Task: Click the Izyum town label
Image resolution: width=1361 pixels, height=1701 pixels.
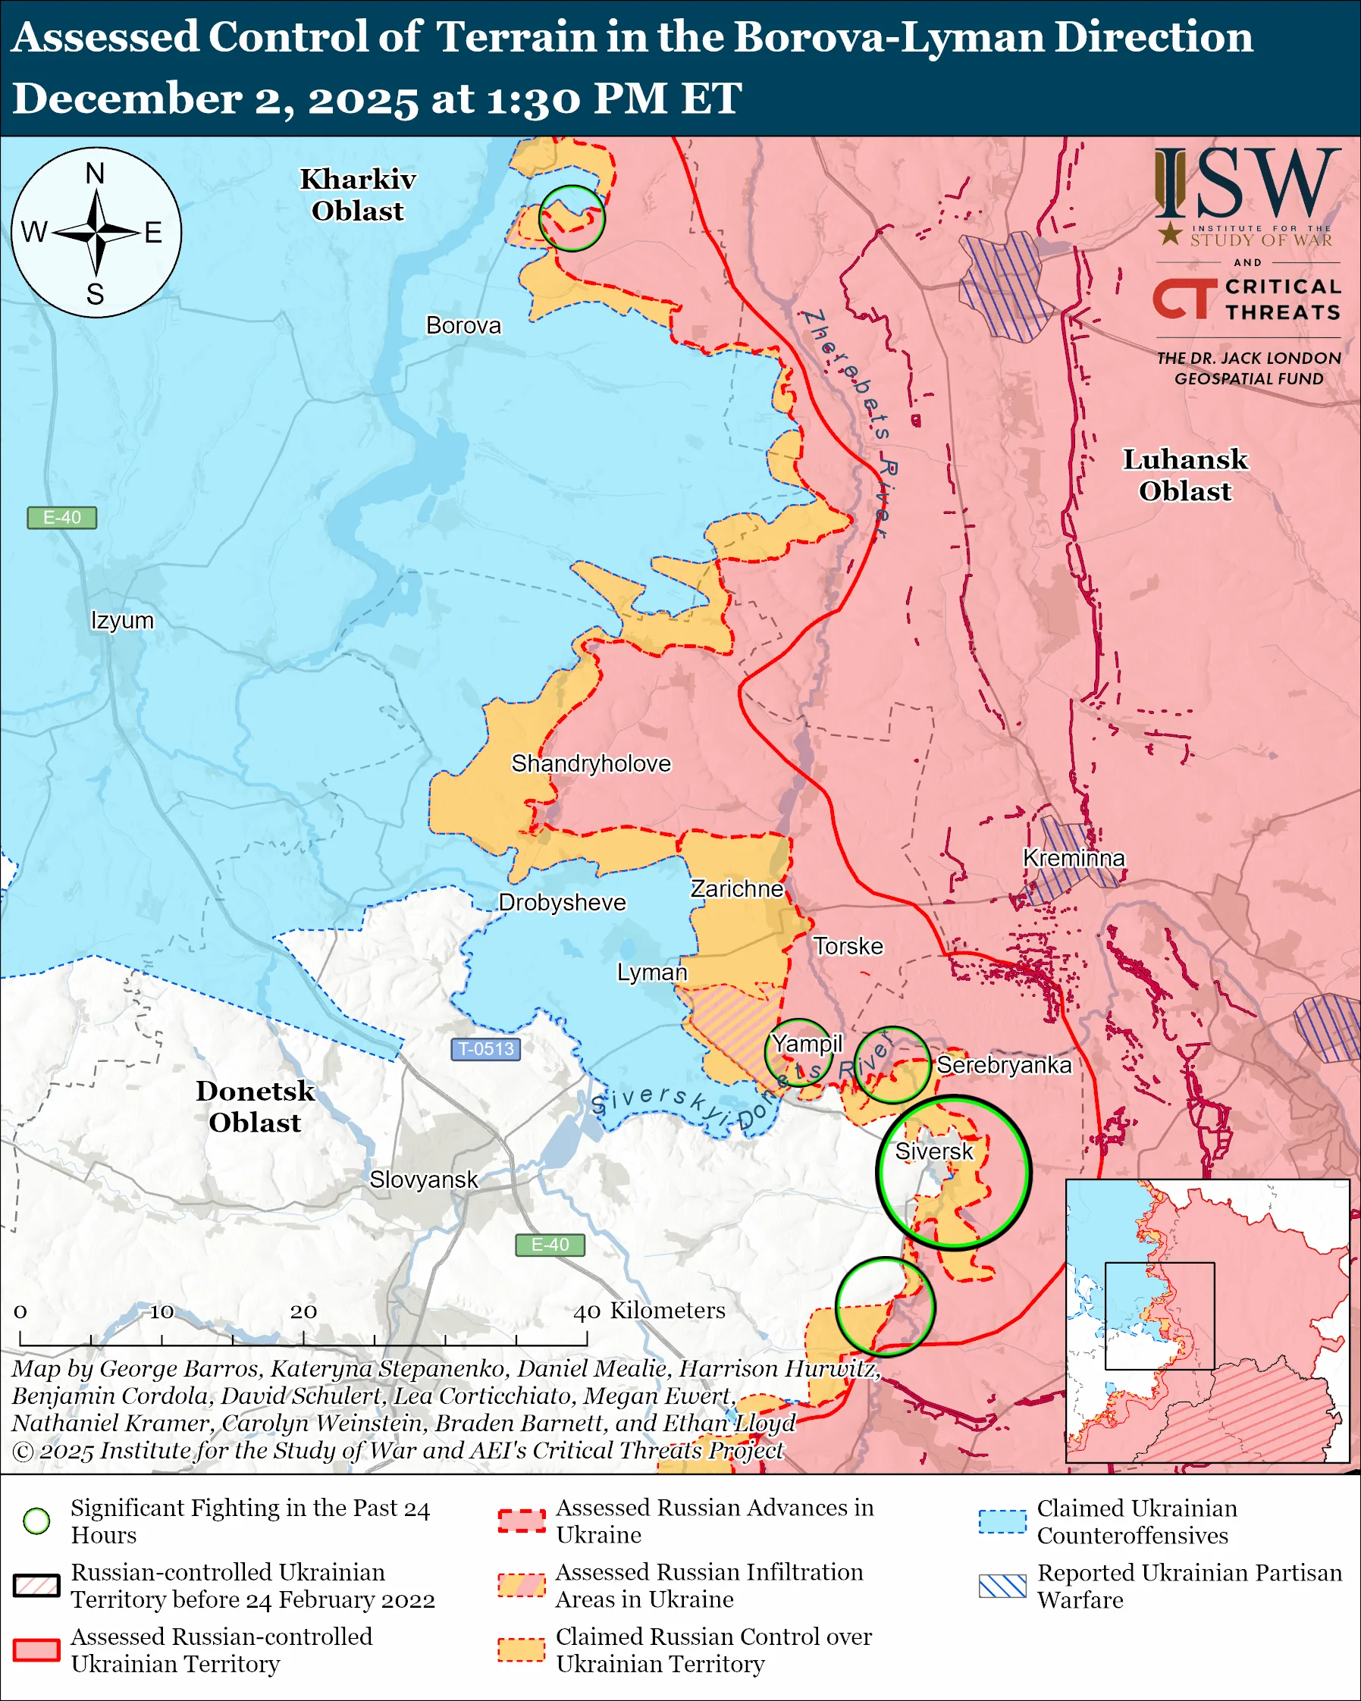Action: (122, 620)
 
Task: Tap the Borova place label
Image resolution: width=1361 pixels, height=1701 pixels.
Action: (463, 325)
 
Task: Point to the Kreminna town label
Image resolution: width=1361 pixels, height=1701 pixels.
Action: (1073, 857)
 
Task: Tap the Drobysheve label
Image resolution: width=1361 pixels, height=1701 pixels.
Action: (562, 902)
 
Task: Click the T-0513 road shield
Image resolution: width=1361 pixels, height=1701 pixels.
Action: (485, 1048)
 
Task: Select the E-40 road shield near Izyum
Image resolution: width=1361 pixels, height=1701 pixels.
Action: (61, 518)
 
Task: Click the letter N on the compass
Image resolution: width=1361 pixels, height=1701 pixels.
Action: (95, 173)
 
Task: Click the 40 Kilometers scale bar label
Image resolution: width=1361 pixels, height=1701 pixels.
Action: (648, 1310)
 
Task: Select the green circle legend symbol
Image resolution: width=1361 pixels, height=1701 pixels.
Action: (37, 1521)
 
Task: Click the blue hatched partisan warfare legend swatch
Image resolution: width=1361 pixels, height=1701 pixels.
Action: (1002, 1586)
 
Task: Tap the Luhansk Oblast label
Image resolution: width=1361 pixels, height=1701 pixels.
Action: (1184, 475)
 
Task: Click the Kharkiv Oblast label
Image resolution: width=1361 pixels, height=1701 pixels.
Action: (357, 195)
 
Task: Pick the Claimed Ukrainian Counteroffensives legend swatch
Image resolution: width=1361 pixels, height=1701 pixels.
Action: (1002, 1521)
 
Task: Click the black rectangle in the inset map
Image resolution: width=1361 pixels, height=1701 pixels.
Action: (1159, 1315)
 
